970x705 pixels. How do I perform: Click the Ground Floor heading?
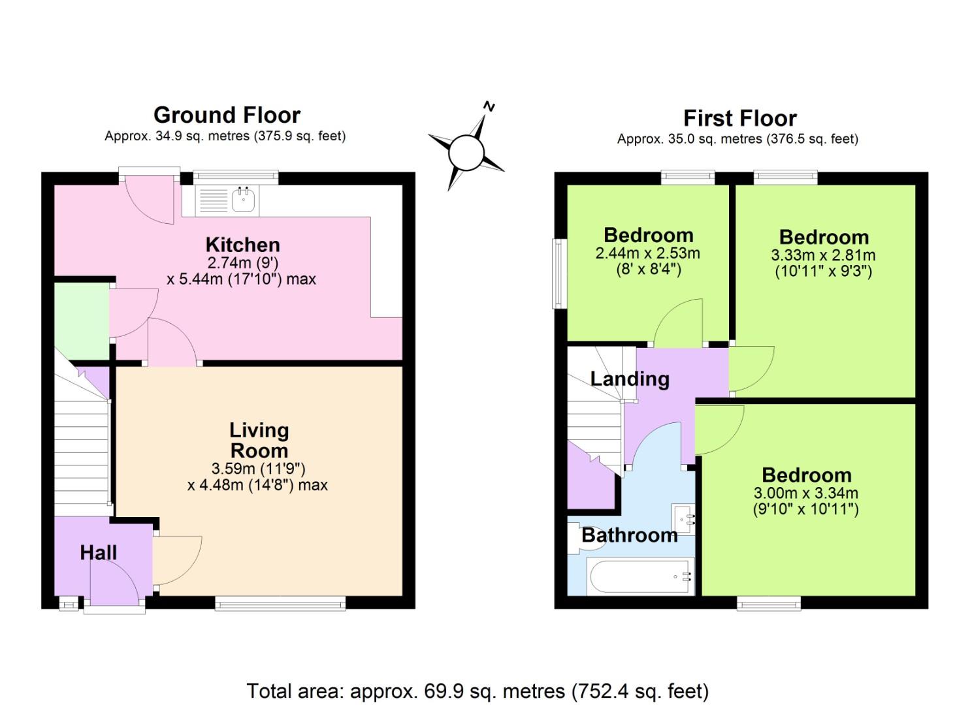point(227,115)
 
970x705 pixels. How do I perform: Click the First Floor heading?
point(739,118)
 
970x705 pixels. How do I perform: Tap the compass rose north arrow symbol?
point(466,151)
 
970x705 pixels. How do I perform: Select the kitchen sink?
point(242,200)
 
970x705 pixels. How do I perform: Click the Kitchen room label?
point(242,245)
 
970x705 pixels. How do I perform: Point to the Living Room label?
point(259,440)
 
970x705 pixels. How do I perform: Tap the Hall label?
point(98,552)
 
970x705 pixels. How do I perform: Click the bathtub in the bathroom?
point(640,576)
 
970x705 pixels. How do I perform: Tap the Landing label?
point(630,379)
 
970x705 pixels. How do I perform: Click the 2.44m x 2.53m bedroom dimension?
point(647,253)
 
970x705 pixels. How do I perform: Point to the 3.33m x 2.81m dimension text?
point(823,255)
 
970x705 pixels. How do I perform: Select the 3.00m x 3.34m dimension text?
point(805,493)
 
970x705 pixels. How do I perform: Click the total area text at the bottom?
point(477,691)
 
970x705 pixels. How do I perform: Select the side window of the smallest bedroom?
point(559,273)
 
